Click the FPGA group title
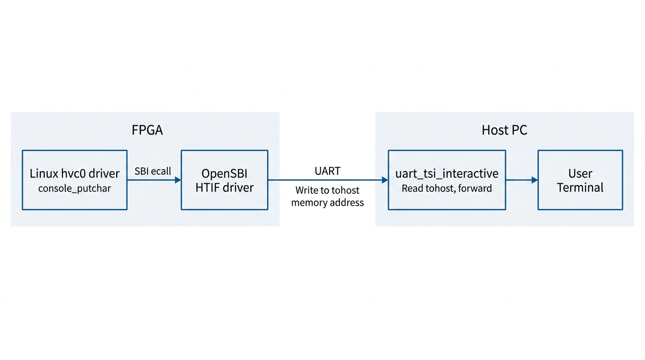(x=147, y=130)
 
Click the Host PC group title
(x=504, y=130)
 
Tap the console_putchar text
(x=75, y=188)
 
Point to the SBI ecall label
(x=153, y=171)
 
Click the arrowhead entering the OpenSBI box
(x=178, y=180)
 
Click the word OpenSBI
(x=225, y=174)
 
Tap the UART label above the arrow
(x=328, y=171)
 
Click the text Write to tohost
(x=328, y=190)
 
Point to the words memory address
(x=328, y=202)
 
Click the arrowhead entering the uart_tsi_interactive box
(x=385, y=180)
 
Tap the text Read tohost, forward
(x=447, y=188)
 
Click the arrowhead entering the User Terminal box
(x=534, y=180)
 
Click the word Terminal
(x=580, y=188)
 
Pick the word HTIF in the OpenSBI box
(x=209, y=188)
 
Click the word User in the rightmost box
(x=580, y=174)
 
